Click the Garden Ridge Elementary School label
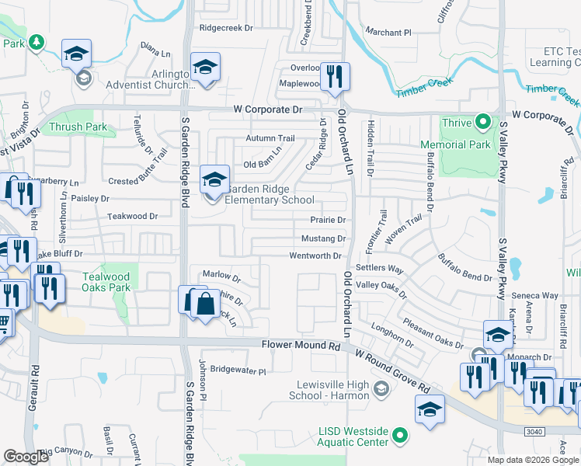tap(270, 195)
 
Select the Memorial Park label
tap(455, 144)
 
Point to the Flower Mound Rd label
tap(301, 343)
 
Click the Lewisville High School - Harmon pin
tap(381, 388)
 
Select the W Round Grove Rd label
tap(391, 370)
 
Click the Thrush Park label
tap(78, 127)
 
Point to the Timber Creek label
tap(424, 91)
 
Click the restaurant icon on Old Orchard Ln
tap(335, 76)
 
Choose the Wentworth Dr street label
tap(315, 256)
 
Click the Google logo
tap(26, 456)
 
